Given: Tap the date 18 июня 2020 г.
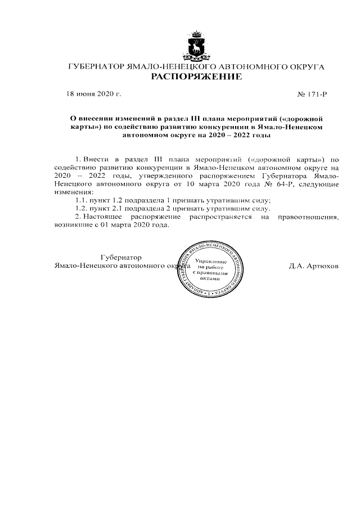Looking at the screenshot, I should pyautogui.click(x=94, y=94).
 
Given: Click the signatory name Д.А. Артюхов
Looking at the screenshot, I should pyautogui.click(x=314, y=265).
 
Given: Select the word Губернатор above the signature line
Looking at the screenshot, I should pyautogui.click(x=121, y=257).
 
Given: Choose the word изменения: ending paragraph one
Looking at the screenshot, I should pyautogui.click(x=74, y=192).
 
